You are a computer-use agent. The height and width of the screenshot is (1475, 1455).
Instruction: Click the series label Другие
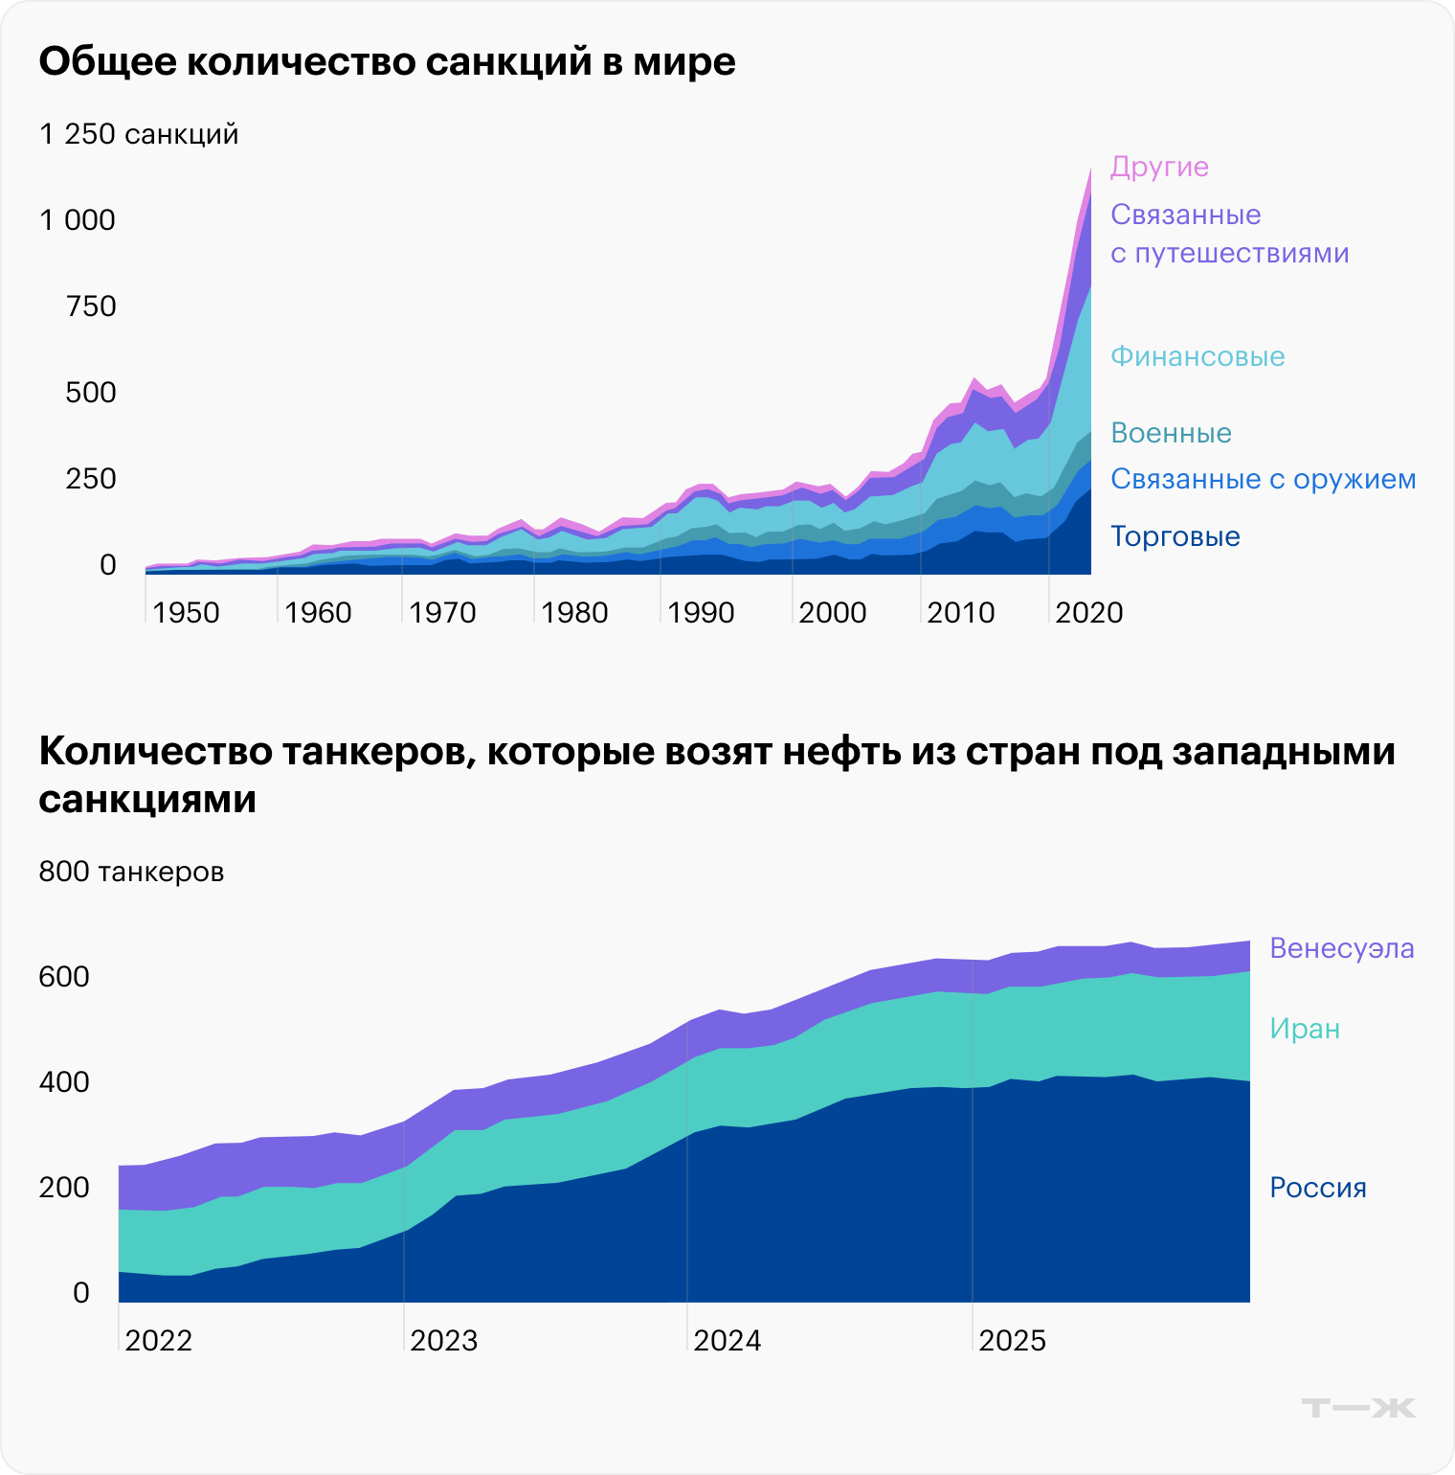click(x=1159, y=167)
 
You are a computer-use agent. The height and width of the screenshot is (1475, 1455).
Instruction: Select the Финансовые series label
click(x=1198, y=356)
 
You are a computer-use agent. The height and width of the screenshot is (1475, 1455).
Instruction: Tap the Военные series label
click(x=1171, y=433)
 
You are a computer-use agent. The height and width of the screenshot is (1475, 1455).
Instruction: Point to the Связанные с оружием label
click(x=1263, y=479)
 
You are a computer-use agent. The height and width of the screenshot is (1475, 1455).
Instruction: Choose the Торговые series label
click(x=1175, y=536)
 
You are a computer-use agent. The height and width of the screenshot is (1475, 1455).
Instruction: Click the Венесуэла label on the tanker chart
click(x=1341, y=948)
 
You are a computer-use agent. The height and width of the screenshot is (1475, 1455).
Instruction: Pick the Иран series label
click(x=1305, y=1029)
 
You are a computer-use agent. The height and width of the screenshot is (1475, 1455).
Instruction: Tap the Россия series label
click(x=1317, y=1188)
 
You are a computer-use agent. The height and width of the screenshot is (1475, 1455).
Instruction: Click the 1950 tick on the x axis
click(x=186, y=613)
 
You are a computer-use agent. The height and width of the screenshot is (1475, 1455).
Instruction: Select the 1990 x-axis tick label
click(x=701, y=613)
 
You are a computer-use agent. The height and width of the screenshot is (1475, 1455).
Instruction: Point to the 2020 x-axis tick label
click(x=1088, y=613)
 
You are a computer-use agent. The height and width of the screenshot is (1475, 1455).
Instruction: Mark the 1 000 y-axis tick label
click(x=78, y=220)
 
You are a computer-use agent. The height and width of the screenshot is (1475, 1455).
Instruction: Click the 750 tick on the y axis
click(x=91, y=306)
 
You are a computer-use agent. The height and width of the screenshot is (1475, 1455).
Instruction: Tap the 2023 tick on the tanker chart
click(x=443, y=1341)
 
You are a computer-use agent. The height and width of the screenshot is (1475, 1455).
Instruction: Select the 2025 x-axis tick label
click(x=1012, y=1341)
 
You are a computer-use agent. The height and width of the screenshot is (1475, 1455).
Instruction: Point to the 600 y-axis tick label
click(x=64, y=977)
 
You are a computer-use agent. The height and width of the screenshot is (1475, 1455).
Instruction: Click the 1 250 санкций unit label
click(x=139, y=134)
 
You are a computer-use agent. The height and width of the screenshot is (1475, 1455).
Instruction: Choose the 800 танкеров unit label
click(x=131, y=872)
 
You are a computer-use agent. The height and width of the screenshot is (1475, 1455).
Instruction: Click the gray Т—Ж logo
click(x=1358, y=1408)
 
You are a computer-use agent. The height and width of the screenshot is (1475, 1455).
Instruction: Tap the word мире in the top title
click(x=684, y=62)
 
